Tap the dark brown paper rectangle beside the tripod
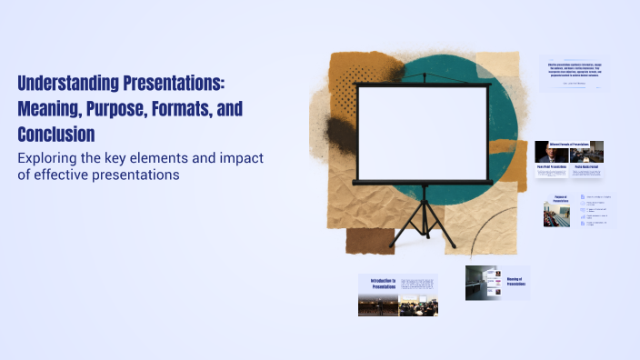point(370,241)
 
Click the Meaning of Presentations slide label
point(516,283)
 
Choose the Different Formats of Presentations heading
point(570,145)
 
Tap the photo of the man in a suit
point(552,154)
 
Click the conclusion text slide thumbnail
point(575,74)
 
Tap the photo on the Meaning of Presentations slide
point(483,283)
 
